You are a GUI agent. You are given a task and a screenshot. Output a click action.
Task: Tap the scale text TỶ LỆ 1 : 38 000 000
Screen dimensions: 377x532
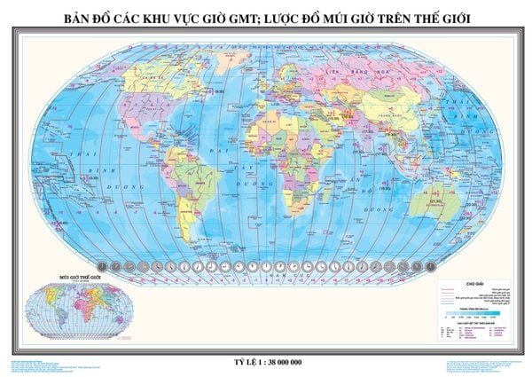coord(266,339)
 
